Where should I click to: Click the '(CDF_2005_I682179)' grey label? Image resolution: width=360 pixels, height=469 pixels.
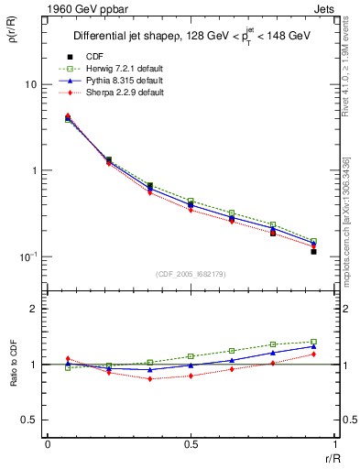pyautogui.click(x=191, y=274)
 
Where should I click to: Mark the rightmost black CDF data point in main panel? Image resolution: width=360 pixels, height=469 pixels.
pyautogui.click(x=313, y=251)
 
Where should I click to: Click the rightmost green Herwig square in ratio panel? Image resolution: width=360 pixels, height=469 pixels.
pyautogui.click(x=313, y=342)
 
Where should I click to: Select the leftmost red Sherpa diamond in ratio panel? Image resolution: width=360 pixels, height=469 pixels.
pyautogui.click(x=68, y=359)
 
